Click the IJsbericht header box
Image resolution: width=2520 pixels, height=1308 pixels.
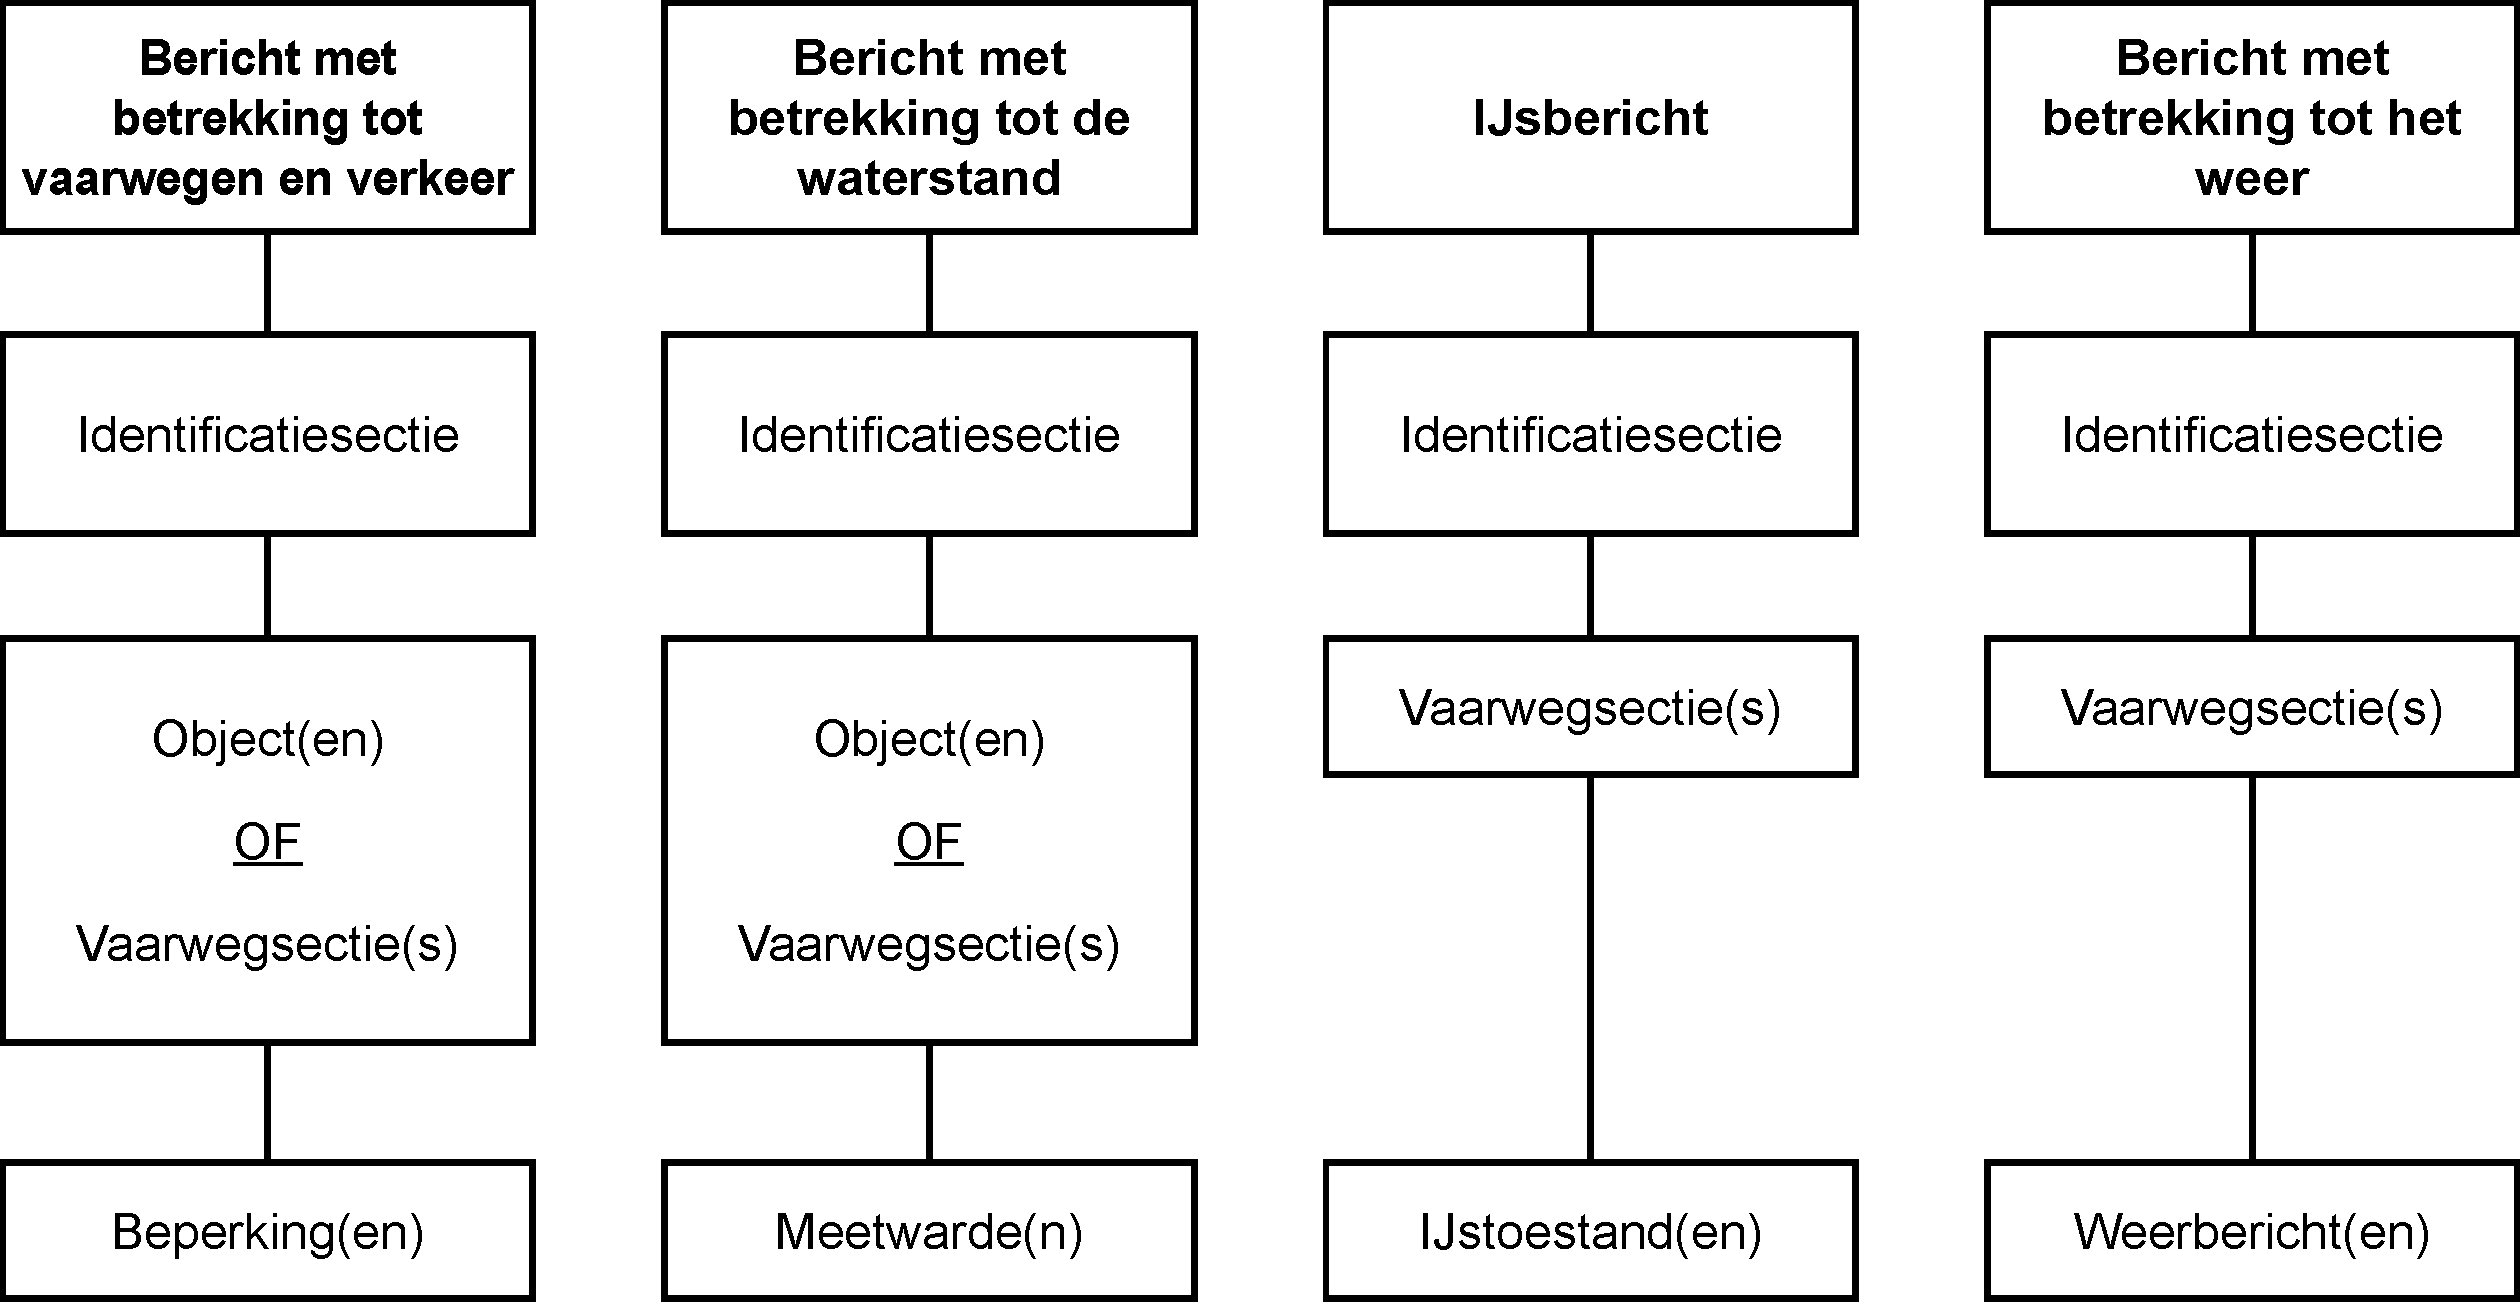[1591, 118]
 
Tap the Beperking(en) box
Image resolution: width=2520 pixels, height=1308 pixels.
[268, 1232]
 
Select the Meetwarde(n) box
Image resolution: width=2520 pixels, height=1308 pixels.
[929, 1232]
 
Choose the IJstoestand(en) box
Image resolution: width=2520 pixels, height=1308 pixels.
[1591, 1232]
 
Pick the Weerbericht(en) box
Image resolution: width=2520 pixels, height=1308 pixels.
[2252, 1232]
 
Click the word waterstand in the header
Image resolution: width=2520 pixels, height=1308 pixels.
[929, 178]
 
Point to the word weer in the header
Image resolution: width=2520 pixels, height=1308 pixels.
[2252, 178]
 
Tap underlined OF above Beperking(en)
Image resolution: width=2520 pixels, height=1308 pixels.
[268, 842]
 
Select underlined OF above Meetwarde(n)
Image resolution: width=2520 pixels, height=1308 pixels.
[929, 842]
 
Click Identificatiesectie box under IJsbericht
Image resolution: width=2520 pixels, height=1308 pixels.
[1591, 434]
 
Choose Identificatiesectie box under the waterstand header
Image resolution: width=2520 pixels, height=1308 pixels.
[929, 434]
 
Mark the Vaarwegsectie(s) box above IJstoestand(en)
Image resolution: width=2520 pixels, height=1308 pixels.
[1591, 707]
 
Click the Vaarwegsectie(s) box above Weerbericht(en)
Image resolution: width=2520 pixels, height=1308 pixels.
[2252, 707]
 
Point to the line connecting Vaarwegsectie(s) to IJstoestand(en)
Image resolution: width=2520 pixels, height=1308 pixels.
[1591, 969]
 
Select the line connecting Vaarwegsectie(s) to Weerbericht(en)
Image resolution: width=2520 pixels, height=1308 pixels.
[2252, 969]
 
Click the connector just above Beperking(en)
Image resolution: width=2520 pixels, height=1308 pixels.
[268, 1103]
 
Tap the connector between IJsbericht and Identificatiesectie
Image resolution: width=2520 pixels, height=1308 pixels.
[1591, 283]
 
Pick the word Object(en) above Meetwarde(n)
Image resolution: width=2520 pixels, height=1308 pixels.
[929, 741]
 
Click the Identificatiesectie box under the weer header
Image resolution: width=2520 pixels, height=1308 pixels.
[2252, 434]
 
